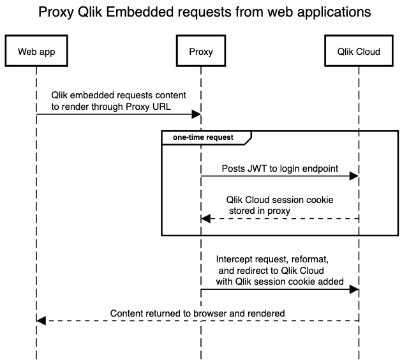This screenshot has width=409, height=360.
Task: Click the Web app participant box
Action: click(36, 52)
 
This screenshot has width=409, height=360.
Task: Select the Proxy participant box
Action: click(201, 52)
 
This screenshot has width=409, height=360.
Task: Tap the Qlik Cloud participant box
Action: click(359, 52)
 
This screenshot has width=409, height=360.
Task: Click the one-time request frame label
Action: click(203, 137)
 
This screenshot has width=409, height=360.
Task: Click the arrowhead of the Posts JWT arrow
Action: click(353, 176)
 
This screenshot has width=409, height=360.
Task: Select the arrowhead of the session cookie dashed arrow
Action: click(206, 218)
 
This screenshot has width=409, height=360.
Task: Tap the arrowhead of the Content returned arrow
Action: click(41, 320)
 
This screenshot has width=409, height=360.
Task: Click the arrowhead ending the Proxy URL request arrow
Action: click(196, 114)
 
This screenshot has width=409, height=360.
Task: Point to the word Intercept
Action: click(235, 260)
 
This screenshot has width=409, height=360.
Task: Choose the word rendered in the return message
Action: click(266, 313)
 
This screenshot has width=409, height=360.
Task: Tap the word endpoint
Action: click(317, 169)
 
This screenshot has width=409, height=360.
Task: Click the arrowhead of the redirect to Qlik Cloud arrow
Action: click(353, 290)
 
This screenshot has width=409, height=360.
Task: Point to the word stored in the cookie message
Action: click(242, 211)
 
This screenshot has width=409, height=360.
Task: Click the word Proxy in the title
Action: click(56, 12)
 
